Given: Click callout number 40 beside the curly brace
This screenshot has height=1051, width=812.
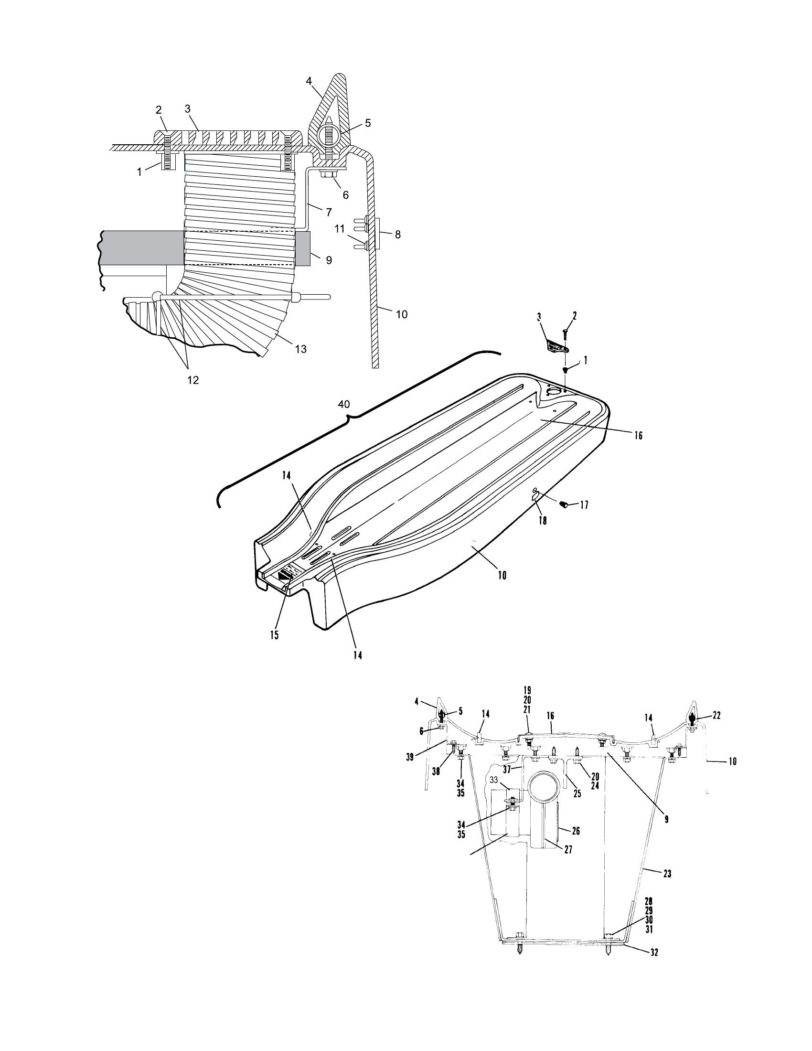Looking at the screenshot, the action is click(x=344, y=404).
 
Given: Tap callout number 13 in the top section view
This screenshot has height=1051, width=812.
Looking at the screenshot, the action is click(x=300, y=349).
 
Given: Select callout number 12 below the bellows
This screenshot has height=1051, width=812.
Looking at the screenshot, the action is click(x=192, y=380).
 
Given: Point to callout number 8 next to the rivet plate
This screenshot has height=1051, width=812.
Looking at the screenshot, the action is click(x=397, y=235).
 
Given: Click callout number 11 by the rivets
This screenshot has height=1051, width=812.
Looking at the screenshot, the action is click(x=340, y=229).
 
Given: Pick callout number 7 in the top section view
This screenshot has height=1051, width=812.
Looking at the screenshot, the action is click(x=329, y=211).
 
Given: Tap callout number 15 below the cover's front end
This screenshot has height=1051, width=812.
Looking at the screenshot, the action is click(x=274, y=635).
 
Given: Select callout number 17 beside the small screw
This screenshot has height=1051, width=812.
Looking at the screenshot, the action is click(x=584, y=505).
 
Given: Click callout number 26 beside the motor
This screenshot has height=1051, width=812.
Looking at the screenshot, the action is click(x=576, y=831).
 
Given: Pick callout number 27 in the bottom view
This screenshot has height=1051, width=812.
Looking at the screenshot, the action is click(x=568, y=850).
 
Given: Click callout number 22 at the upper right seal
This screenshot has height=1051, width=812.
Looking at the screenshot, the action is click(x=716, y=716).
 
